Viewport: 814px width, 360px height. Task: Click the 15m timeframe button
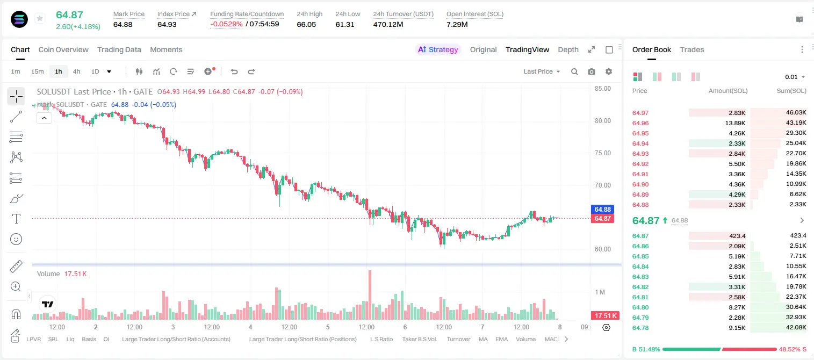pyautogui.click(x=38, y=71)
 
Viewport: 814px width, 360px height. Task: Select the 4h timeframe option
pyautogui.click(x=76, y=71)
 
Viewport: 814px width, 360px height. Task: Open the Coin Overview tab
pyautogui.click(x=63, y=49)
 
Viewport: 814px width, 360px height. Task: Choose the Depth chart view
pyautogui.click(x=568, y=49)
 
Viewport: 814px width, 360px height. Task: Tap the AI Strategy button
pyautogui.click(x=438, y=49)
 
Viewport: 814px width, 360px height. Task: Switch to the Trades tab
pyautogui.click(x=692, y=49)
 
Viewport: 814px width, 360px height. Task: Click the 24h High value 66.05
pyautogui.click(x=306, y=24)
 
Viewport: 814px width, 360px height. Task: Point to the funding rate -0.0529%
pyautogui.click(x=226, y=24)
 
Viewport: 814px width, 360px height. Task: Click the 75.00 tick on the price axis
pyautogui.click(x=602, y=153)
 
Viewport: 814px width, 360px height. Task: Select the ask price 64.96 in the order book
pyautogui.click(x=640, y=123)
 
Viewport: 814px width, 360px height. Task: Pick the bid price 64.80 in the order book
pyautogui.click(x=640, y=307)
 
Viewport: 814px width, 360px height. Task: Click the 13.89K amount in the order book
pyautogui.click(x=735, y=123)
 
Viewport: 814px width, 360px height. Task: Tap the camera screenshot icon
pyautogui.click(x=592, y=71)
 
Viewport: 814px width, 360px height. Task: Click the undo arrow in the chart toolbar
pyautogui.click(x=234, y=71)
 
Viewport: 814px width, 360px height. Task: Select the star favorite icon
pyautogui.click(x=40, y=18)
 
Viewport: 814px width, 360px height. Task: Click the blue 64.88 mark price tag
pyautogui.click(x=602, y=209)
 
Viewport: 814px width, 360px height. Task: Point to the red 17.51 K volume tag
pyautogui.click(x=605, y=316)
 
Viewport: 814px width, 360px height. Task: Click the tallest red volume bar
pyautogui.click(x=370, y=295)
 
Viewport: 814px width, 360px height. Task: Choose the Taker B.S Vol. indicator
pyautogui.click(x=419, y=339)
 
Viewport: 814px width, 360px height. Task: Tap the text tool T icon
pyautogui.click(x=16, y=219)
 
